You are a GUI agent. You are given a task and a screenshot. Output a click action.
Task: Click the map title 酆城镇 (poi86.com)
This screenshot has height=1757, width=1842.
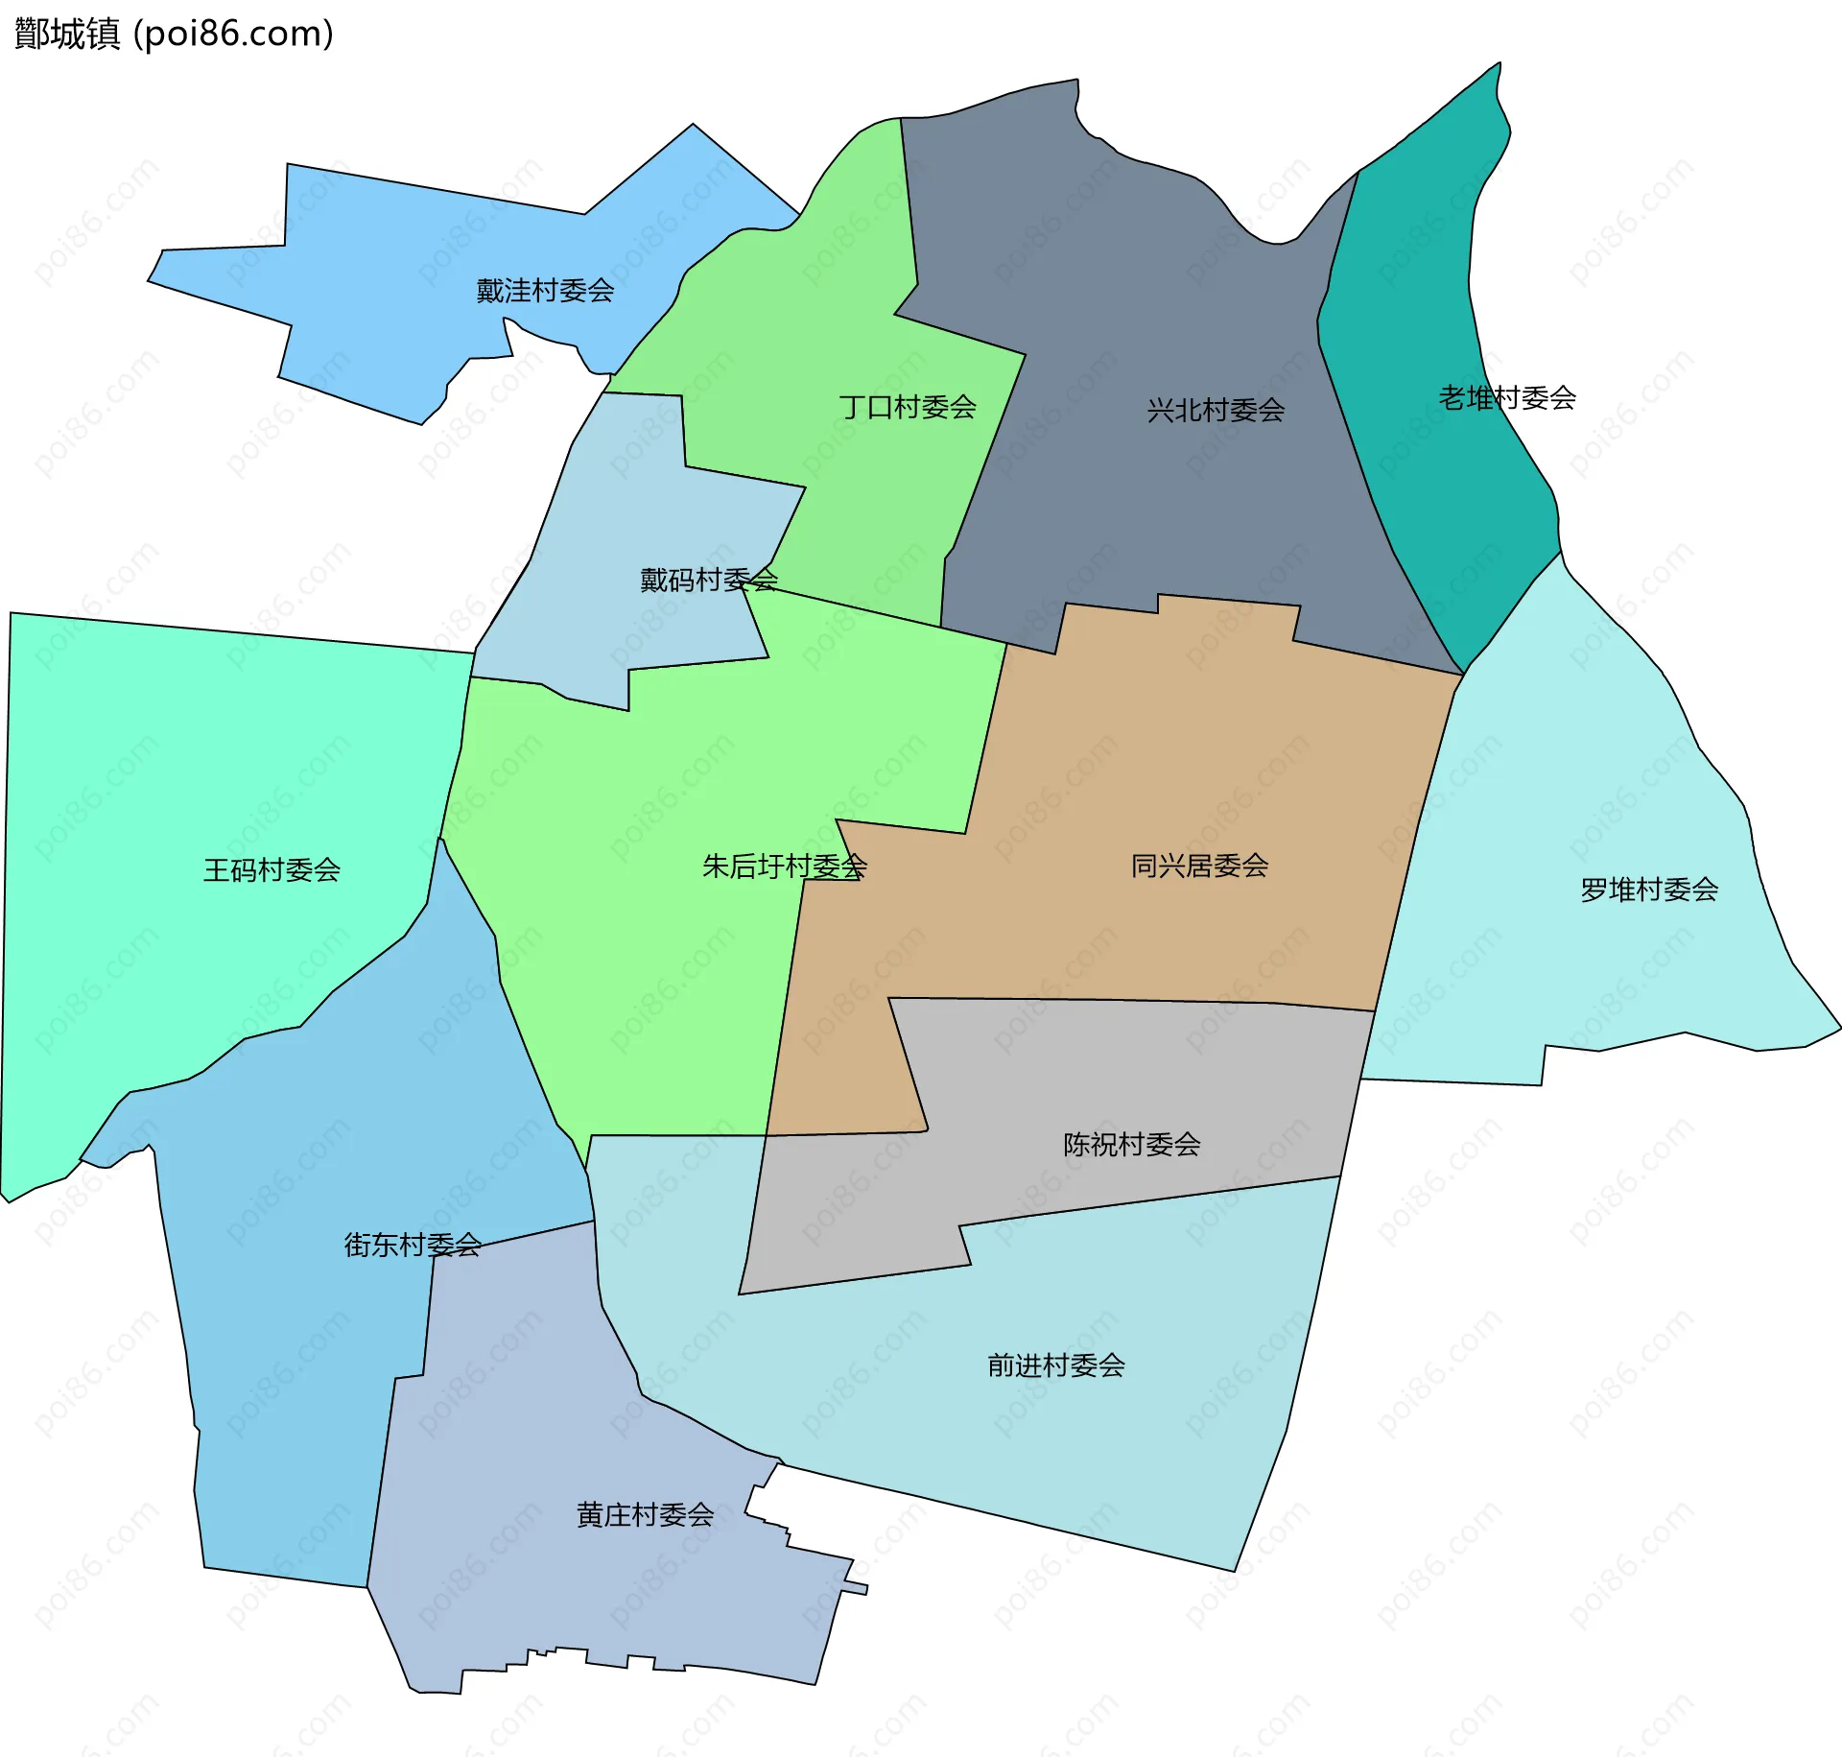(174, 34)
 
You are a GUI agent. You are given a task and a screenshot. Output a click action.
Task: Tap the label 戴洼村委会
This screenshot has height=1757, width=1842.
(545, 291)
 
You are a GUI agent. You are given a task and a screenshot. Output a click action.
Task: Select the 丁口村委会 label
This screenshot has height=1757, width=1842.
(908, 407)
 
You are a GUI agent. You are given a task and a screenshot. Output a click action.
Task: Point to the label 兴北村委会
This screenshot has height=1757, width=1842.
(1216, 410)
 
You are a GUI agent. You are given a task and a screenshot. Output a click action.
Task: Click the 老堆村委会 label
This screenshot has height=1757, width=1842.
(1506, 397)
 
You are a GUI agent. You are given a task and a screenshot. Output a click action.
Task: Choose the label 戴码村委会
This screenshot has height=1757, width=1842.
(708, 580)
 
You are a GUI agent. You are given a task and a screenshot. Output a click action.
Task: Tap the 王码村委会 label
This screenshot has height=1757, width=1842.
(272, 869)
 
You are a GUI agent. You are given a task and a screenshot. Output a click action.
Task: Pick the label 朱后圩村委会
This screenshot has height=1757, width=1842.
(784, 867)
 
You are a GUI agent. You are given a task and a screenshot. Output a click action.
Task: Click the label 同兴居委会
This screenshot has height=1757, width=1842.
(1199, 866)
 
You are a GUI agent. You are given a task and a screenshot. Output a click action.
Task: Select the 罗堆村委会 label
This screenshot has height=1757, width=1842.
(1648, 890)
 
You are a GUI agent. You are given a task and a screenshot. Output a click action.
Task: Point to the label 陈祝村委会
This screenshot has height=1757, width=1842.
(1131, 1144)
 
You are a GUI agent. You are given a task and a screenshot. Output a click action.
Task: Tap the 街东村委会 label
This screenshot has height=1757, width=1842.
(413, 1245)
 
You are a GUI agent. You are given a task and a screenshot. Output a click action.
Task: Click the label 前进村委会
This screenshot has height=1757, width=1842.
(1055, 1365)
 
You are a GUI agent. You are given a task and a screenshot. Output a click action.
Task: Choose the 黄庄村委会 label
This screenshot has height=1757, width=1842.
(645, 1514)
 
